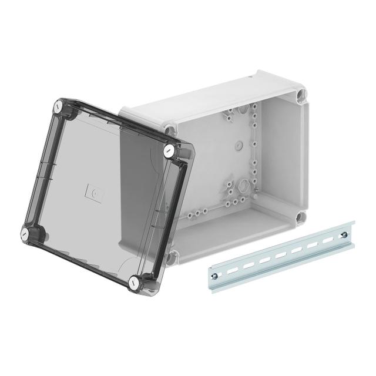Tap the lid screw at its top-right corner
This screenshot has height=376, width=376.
[169, 150]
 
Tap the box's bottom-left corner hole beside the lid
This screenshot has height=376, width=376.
[172, 256]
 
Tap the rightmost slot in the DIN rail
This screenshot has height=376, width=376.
[325, 241]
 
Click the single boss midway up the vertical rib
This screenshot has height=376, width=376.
[254, 154]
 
